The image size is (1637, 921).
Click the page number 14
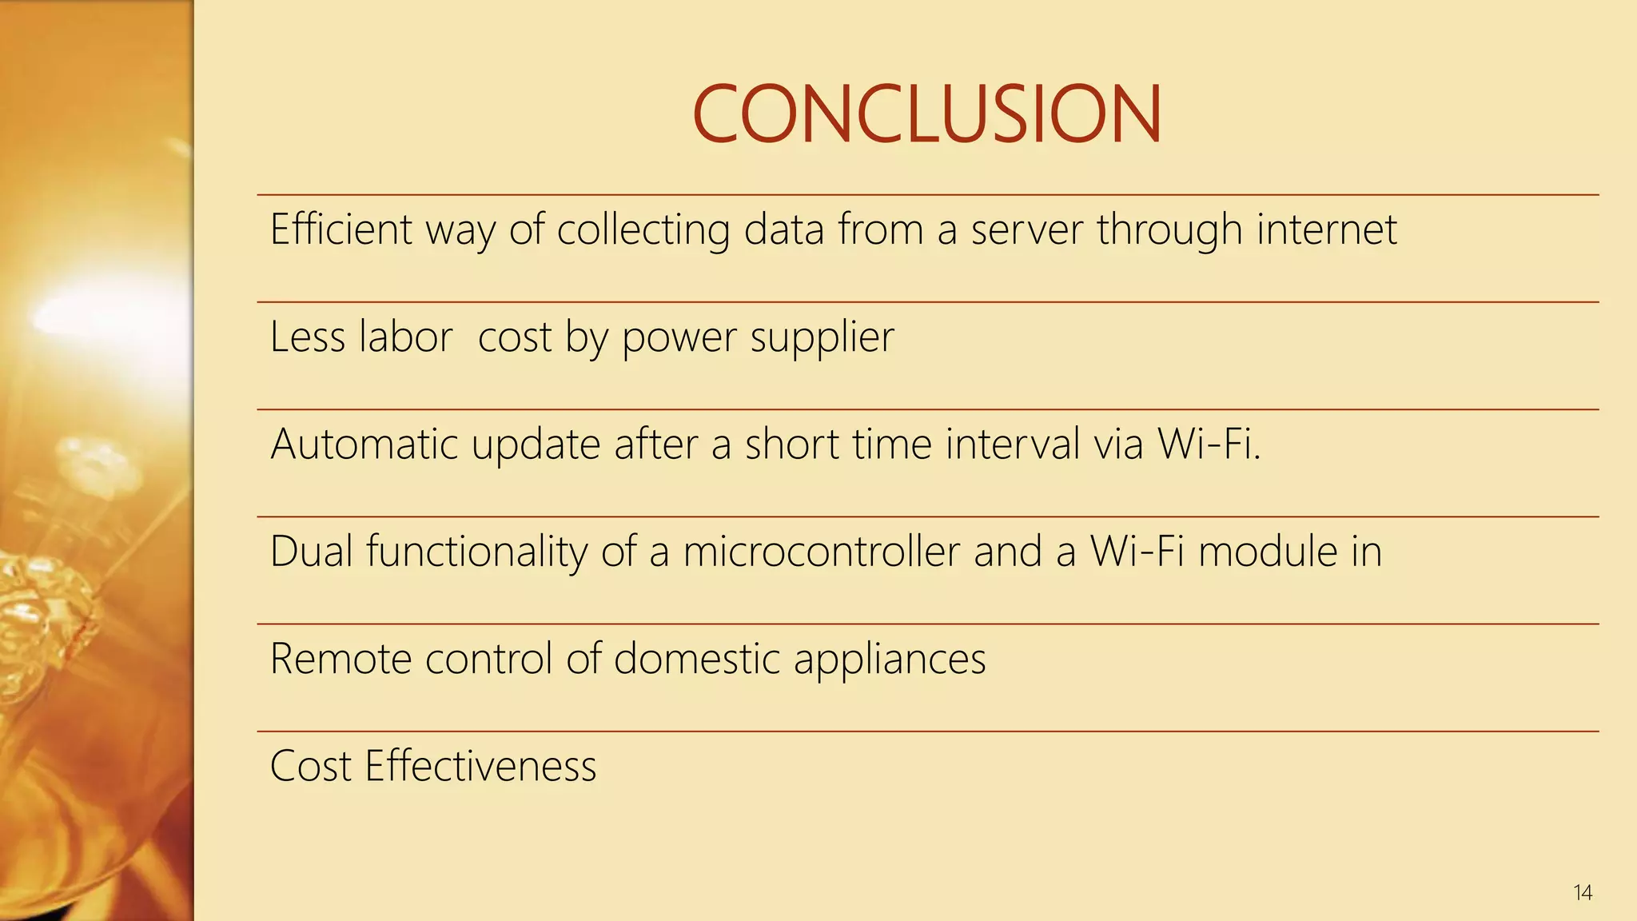1583,892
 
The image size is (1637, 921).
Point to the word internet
1326,229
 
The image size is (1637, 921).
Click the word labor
406,337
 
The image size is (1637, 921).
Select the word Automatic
364,444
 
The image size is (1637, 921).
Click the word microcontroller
821,552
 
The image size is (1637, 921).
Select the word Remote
341,659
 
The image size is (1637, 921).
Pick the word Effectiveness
480,766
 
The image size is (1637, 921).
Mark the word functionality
476,552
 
